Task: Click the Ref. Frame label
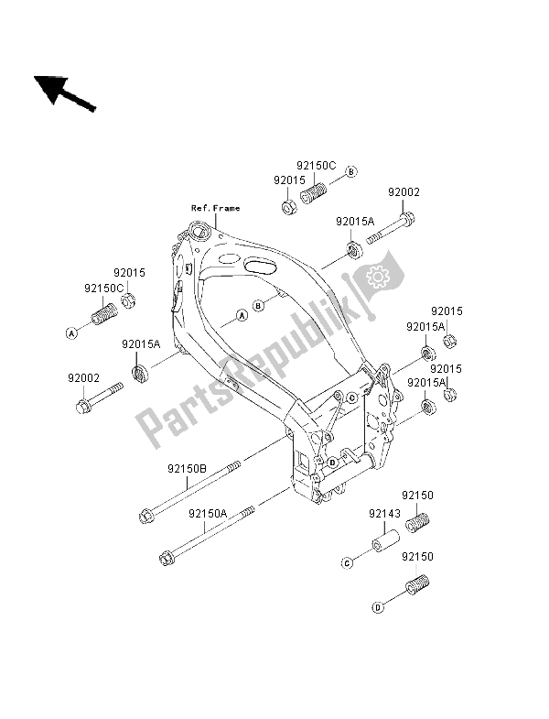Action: coord(215,209)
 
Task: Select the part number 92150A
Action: coord(208,515)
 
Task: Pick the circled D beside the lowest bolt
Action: coord(377,605)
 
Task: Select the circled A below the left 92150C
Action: coord(70,332)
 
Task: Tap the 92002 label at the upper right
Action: coord(403,192)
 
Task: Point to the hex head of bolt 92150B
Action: coord(146,518)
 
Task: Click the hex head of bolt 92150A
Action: coord(167,556)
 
